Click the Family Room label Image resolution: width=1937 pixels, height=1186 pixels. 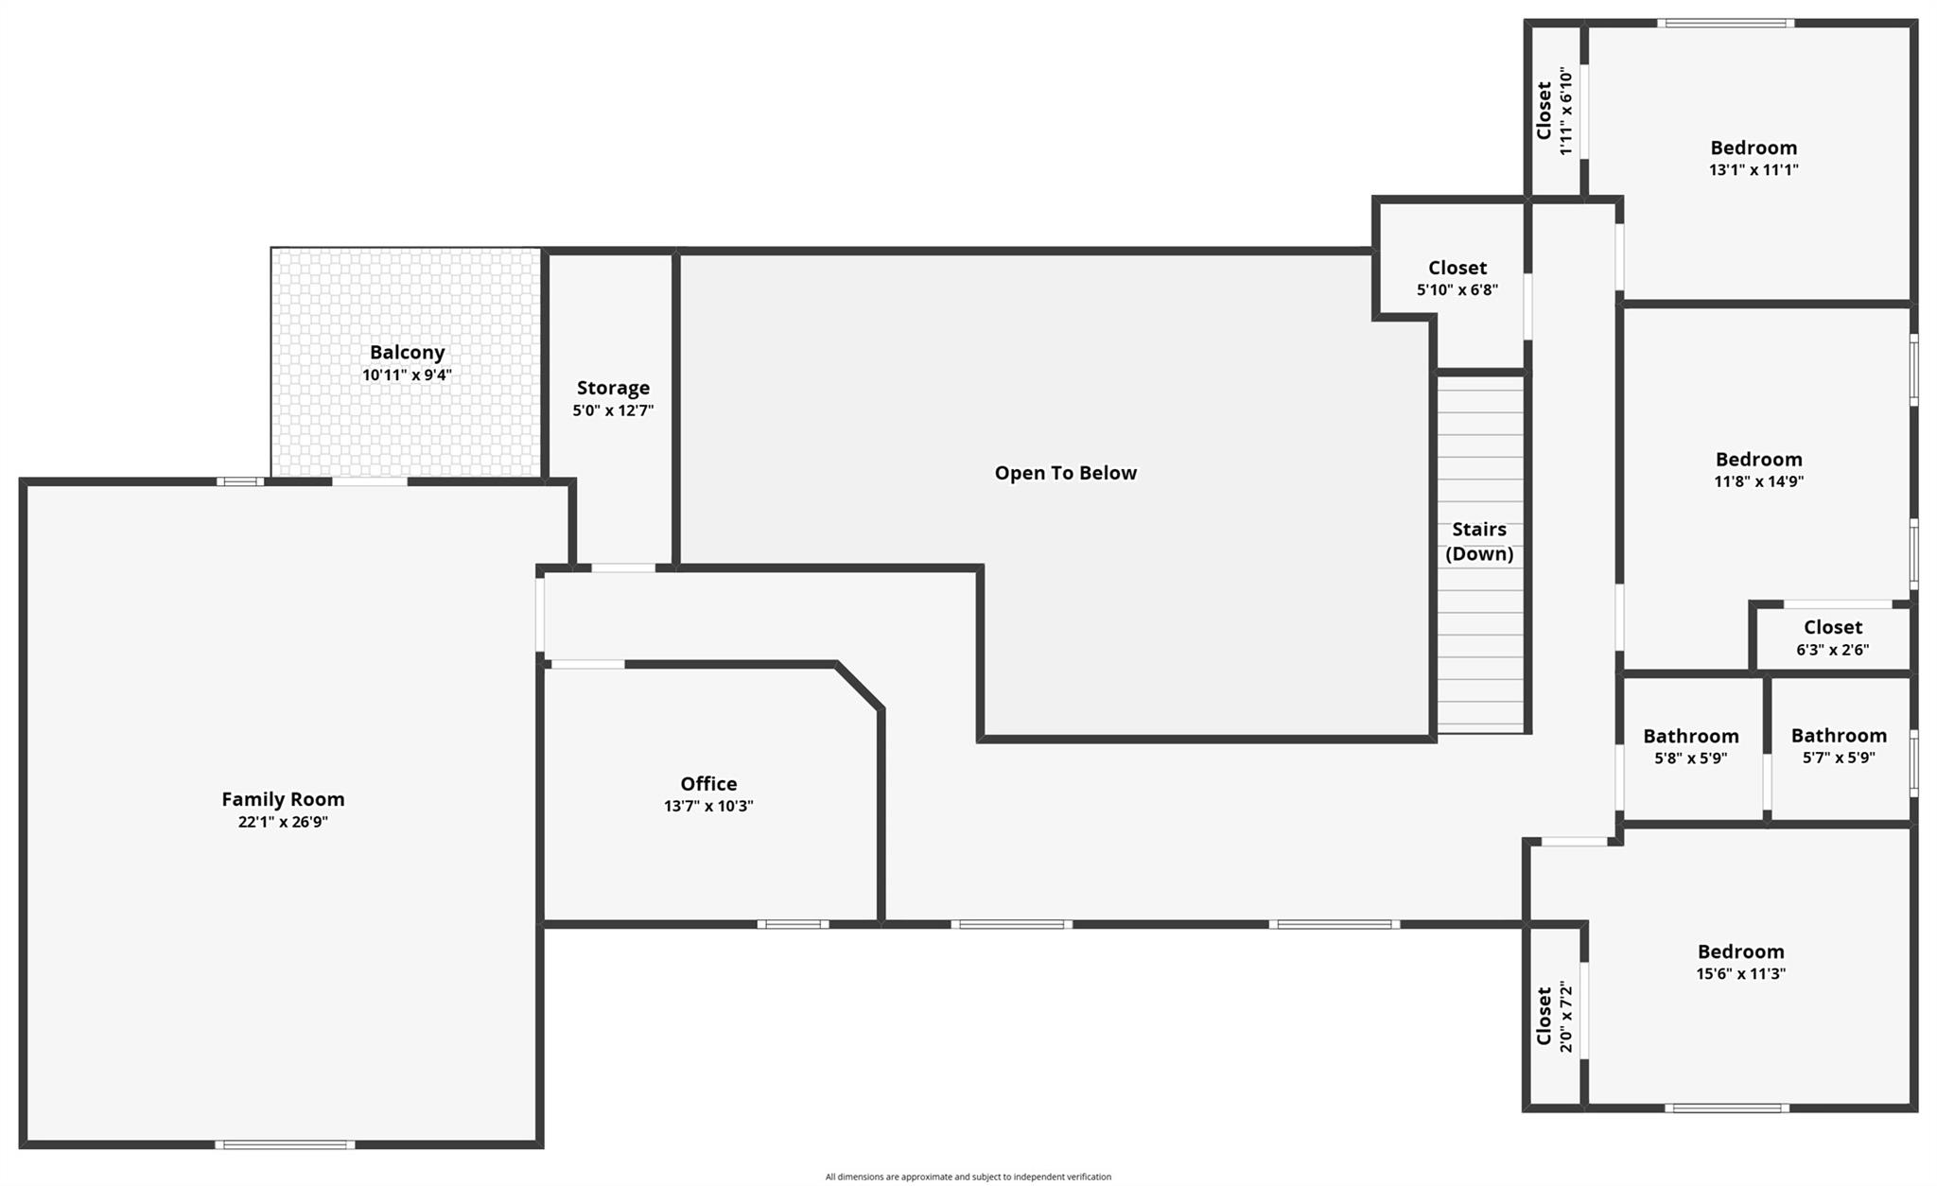(x=283, y=799)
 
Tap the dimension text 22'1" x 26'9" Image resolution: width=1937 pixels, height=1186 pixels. (x=283, y=822)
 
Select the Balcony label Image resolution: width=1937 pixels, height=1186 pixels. (x=407, y=352)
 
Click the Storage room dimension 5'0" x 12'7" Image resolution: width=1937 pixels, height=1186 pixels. (x=613, y=410)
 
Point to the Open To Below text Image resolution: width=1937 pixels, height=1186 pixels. (x=1065, y=473)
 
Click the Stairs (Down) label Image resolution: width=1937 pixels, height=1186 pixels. (x=1479, y=541)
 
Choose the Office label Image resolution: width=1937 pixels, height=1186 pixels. (x=708, y=783)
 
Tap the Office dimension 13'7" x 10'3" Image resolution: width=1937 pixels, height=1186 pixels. (x=708, y=806)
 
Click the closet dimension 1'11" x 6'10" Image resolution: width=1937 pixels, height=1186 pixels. (x=1566, y=111)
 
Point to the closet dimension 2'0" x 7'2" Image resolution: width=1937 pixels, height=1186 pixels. (x=1566, y=1017)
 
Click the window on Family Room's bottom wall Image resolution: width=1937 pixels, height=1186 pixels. (x=285, y=1144)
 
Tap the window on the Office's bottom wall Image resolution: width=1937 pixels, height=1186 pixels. (x=793, y=924)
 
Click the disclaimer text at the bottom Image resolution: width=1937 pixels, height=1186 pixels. (x=968, y=1177)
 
